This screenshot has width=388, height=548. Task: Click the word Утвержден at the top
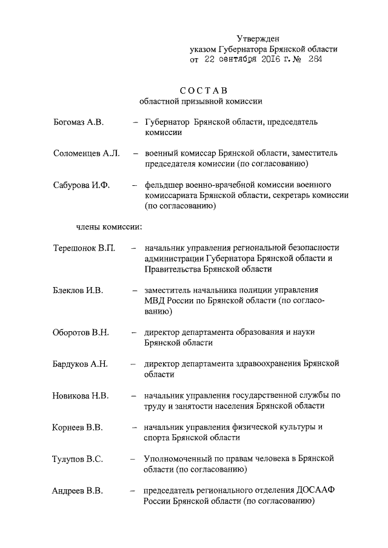click(x=258, y=39)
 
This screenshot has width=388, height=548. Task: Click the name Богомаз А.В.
click(x=78, y=122)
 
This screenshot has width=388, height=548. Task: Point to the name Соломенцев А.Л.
click(x=85, y=153)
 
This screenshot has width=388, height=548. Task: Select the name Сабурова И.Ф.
click(x=81, y=185)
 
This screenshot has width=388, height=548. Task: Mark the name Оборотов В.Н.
click(x=81, y=332)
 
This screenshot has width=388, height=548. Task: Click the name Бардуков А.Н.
click(x=80, y=364)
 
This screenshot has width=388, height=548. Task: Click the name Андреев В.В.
click(x=77, y=490)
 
